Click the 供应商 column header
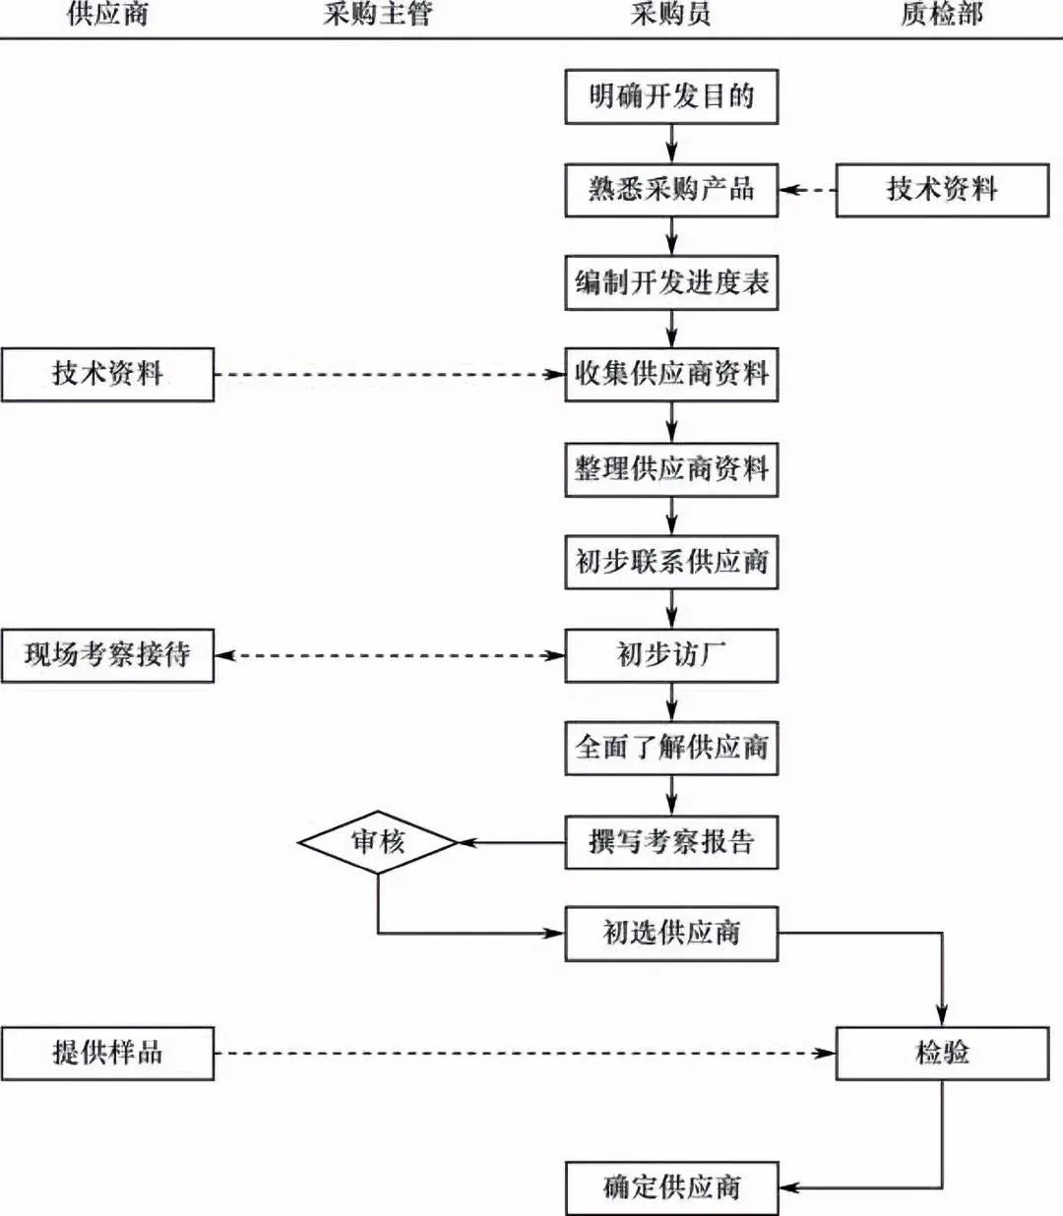tap(107, 14)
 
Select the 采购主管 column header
tap(378, 14)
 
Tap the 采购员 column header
tap(670, 14)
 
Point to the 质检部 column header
tap(942, 14)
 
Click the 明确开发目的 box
tap(671, 96)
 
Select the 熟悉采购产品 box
tap(671, 190)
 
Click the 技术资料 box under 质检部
tap(942, 190)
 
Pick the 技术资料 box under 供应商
tap(107, 374)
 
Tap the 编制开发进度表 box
tap(671, 283)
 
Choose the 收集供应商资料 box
tap(671, 374)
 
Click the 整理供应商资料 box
tap(671, 469)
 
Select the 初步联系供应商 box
tap(671, 562)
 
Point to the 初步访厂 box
tap(671, 655)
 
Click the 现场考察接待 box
tap(107, 655)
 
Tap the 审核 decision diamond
tap(378, 842)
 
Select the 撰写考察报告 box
tap(671, 842)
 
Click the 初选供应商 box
tap(671, 934)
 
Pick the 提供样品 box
tap(107, 1054)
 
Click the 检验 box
tap(942, 1054)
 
